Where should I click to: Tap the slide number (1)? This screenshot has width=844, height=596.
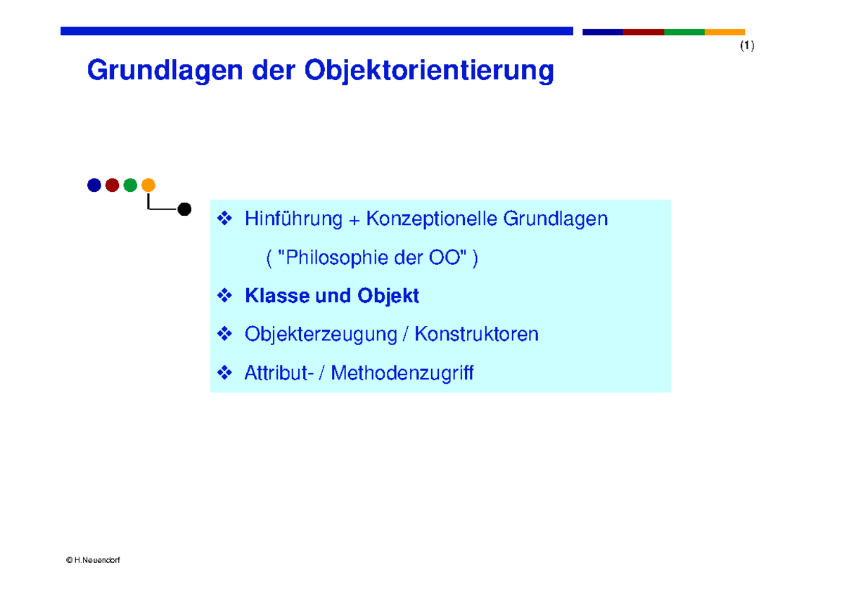pyautogui.click(x=746, y=46)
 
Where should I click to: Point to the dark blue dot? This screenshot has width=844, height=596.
pyautogui.click(x=94, y=186)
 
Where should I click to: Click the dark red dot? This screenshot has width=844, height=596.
pyautogui.click(x=112, y=186)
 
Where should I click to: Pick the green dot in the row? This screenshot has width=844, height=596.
pyautogui.click(x=130, y=186)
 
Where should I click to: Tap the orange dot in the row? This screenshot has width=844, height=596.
pyautogui.click(x=148, y=186)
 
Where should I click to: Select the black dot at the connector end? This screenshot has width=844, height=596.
pyautogui.click(x=184, y=209)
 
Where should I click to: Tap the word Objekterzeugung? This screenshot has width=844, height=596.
pyautogui.click(x=321, y=335)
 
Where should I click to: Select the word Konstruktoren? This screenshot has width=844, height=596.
pyautogui.click(x=476, y=334)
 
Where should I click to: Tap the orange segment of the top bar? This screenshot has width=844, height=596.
pyautogui.click(x=724, y=32)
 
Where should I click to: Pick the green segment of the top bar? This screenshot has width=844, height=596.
pyautogui.click(x=684, y=32)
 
